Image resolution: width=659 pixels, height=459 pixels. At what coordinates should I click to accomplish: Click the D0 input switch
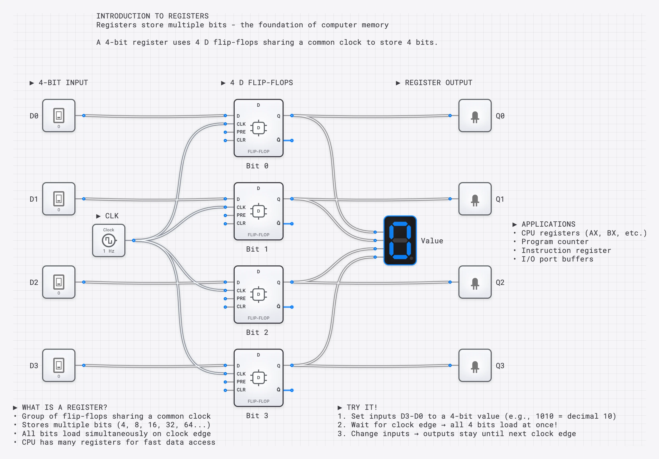59,116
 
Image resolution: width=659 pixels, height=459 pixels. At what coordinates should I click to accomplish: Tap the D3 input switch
59,365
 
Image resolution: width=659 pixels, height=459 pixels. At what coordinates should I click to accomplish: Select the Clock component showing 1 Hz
108,240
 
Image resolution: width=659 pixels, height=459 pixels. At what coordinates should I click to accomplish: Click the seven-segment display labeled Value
400,240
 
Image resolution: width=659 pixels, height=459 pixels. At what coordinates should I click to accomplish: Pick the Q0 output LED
475,116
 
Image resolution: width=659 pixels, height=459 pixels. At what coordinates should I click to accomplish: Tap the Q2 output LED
475,282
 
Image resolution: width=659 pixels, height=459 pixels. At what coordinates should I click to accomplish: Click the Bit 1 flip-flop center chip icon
258,211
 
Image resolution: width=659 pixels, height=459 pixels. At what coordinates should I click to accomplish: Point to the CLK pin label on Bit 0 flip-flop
241,124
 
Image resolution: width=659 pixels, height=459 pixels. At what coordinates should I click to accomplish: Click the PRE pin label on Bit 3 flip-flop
241,382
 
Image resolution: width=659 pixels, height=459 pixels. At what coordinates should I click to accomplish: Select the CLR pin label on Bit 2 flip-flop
241,307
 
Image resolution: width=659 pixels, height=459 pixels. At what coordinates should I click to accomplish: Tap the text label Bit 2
257,332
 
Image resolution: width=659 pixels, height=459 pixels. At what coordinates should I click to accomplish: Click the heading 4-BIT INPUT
63,83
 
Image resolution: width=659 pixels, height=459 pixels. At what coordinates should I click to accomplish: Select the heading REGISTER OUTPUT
438,83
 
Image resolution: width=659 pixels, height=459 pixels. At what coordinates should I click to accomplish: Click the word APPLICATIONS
548,224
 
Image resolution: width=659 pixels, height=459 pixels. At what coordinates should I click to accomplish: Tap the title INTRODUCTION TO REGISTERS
152,16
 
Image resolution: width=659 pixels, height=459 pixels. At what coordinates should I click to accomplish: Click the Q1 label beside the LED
500,199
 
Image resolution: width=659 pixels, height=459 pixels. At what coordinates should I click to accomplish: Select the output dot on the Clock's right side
134,240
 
